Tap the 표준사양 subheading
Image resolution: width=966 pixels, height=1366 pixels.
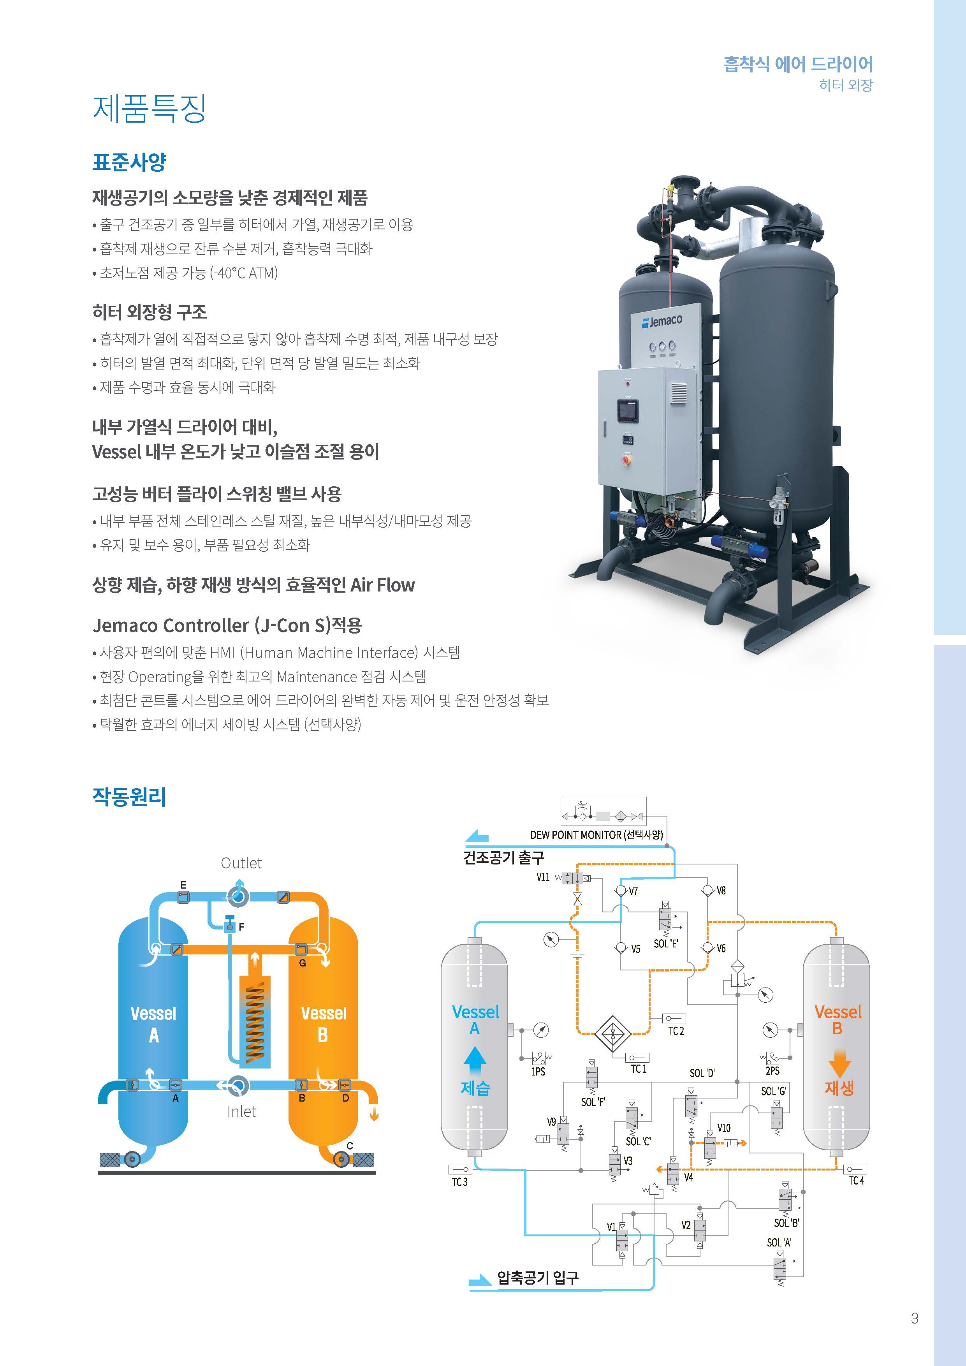click(129, 162)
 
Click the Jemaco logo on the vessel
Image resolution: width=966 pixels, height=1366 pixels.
click(662, 321)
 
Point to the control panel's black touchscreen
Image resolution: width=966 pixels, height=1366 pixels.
click(628, 410)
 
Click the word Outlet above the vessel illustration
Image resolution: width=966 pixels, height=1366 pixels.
click(241, 863)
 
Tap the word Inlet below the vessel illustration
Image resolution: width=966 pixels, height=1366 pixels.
click(241, 1111)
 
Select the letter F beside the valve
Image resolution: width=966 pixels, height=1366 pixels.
click(241, 927)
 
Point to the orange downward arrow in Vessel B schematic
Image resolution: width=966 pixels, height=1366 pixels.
click(839, 1063)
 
